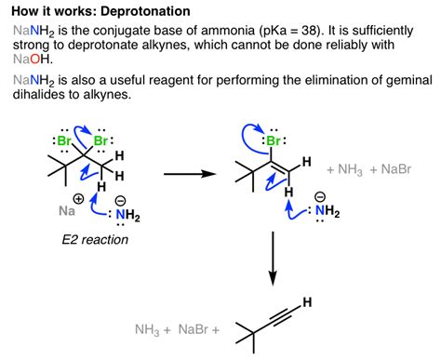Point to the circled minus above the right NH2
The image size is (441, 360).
(320, 195)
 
